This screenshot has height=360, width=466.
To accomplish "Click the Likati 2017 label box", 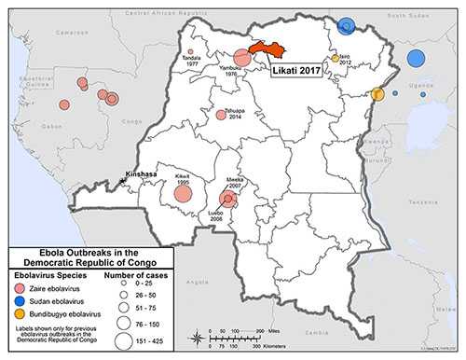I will coord(303,70).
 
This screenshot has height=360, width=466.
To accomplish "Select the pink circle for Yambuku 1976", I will coord(242,58).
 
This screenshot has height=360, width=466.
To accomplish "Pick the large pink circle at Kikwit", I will coord(183,194).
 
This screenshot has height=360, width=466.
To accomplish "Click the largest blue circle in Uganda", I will coord(415,59).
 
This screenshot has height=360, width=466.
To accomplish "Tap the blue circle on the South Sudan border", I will coord(347,25).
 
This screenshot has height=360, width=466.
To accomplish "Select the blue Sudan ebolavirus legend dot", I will coord(21,302).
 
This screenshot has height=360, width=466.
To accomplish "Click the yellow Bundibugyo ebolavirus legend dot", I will coord(21,316).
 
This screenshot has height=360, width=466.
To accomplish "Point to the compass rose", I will coord(197,338).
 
